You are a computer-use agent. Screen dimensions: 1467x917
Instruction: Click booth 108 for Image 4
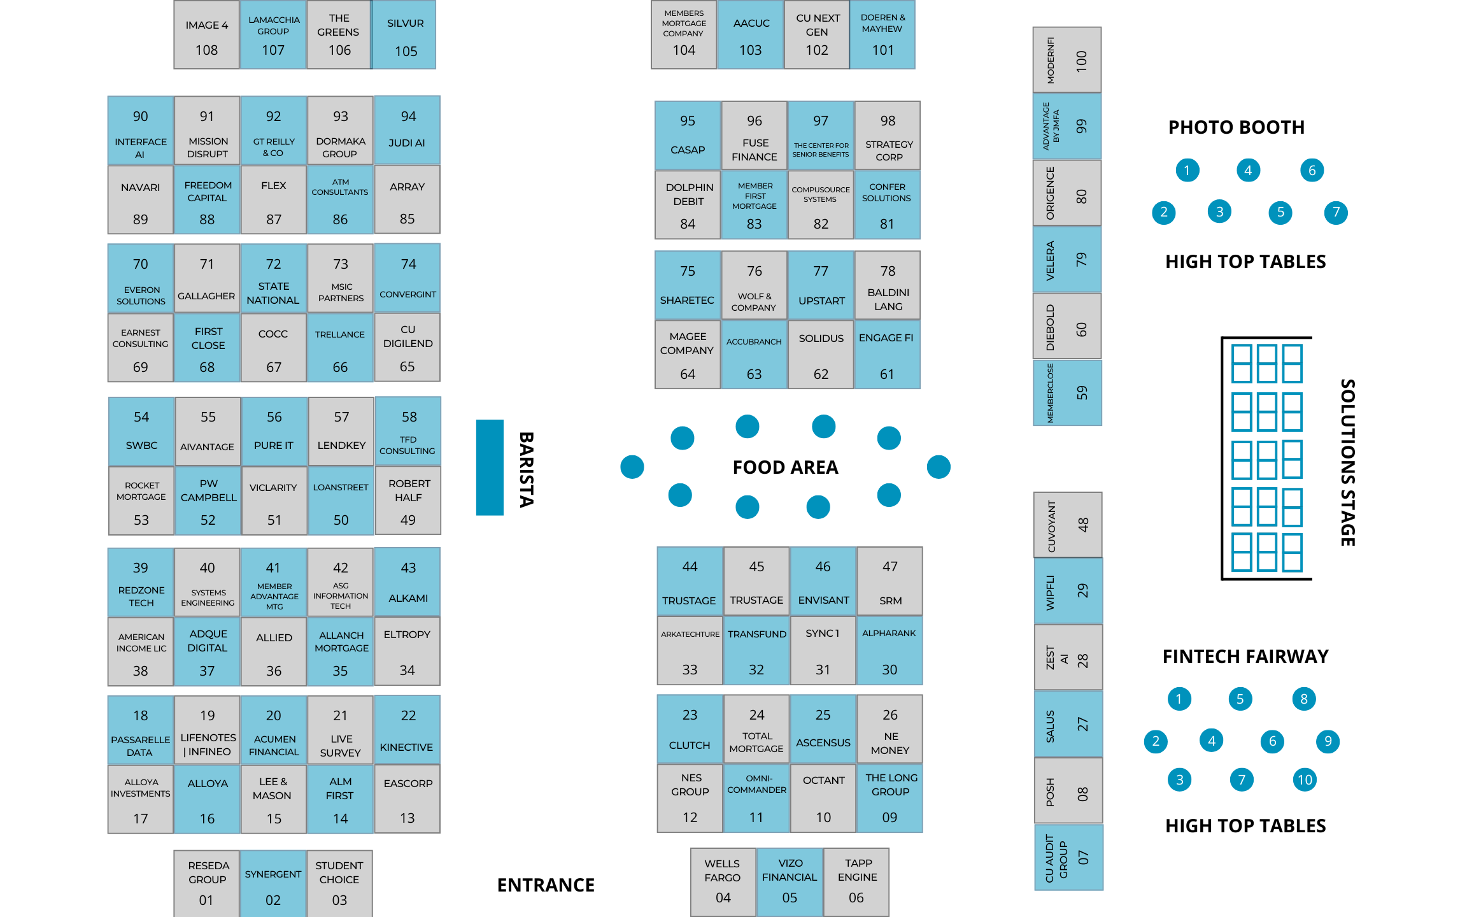207,35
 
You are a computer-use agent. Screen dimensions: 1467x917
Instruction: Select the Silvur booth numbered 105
405,35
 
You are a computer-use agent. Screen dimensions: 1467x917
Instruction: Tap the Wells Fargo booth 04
723,882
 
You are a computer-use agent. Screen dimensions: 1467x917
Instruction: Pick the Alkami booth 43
407,582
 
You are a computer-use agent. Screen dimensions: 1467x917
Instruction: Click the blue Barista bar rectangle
490,467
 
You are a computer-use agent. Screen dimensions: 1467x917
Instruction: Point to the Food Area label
785,467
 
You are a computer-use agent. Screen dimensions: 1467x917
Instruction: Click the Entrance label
546,885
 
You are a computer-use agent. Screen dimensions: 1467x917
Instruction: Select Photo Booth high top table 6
1312,170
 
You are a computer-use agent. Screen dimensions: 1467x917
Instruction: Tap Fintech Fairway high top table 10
1305,779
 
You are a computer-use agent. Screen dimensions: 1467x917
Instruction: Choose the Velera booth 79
1067,260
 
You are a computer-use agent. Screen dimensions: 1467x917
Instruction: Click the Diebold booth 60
1067,327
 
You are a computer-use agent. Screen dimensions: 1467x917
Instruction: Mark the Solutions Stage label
1347,462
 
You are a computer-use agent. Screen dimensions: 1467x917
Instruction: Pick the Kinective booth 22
407,730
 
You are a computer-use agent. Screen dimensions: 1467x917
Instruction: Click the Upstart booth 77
821,285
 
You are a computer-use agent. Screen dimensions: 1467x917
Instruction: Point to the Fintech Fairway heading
1245,657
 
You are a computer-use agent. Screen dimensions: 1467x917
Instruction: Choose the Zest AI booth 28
1068,657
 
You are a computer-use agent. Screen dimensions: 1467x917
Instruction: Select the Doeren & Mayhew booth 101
882,35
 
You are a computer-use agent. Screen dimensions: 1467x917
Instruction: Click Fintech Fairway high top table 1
1179,699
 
